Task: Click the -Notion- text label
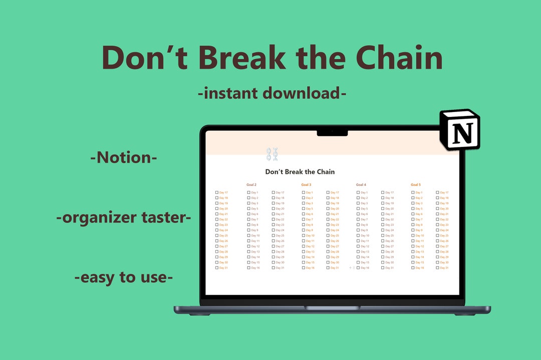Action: pyautogui.click(x=124, y=157)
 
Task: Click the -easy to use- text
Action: pyautogui.click(x=124, y=277)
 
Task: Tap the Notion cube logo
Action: pyautogui.click(x=460, y=129)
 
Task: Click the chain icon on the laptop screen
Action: pyautogui.click(x=272, y=154)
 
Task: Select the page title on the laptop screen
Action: pyautogui.click(x=300, y=172)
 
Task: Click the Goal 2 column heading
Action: pyautogui.click(x=251, y=185)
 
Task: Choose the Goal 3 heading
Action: pyautogui.click(x=306, y=185)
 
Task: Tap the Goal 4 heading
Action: pyautogui.click(x=361, y=185)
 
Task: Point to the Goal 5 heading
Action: pyautogui.click(x=416, y=185)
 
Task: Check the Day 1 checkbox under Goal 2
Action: pyautogui.click(x=248, y=192)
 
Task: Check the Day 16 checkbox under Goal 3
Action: pyautogui.click(x=304, y=268)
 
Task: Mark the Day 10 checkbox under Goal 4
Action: pyautogui.click(x=358, y=235)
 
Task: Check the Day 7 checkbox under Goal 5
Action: pyautogui.click(x=413, y=219)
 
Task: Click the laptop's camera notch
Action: pyautogui.click(x=332, y=133)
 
